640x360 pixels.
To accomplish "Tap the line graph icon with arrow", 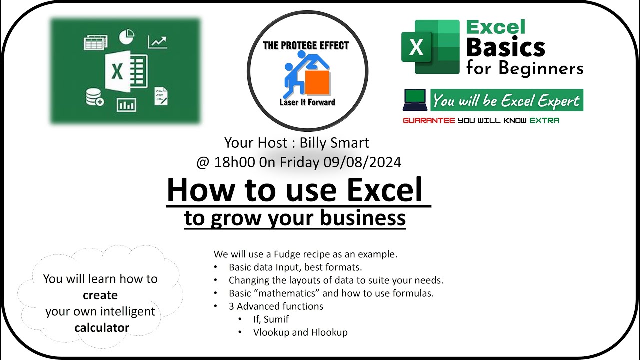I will coord(157,42).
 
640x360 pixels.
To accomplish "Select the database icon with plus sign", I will coord(94,97).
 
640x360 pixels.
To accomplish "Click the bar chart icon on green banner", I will coord(126,104).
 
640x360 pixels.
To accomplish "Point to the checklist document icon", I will coord(161,96).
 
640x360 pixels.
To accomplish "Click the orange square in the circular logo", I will coord(317,82).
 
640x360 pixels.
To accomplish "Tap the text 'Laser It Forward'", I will coord(307,102).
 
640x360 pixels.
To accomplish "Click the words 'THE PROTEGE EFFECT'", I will coord(306,46).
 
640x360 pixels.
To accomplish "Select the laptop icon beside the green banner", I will coord(414,100).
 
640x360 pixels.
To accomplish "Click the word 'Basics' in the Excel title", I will coord(505,47).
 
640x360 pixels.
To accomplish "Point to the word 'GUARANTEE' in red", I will coord(429,120).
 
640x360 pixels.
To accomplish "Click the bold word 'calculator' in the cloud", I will coord(102,328).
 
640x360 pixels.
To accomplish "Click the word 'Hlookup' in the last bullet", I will coord(329,332).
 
